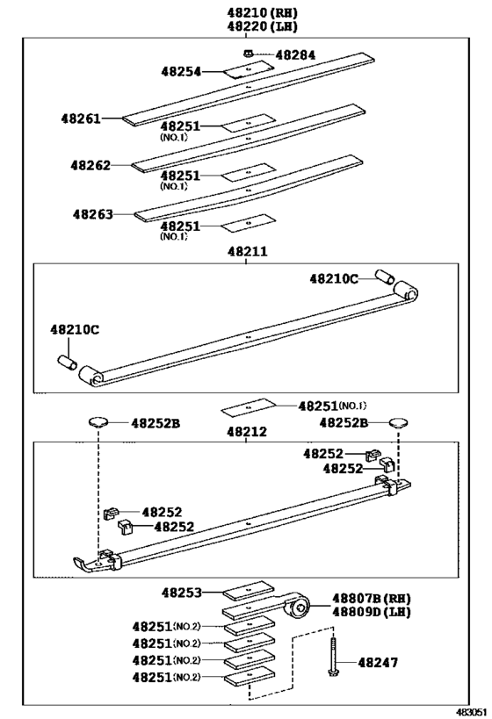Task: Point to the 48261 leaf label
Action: [81, 117]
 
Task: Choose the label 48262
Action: [90, 165]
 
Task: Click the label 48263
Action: [93, 213]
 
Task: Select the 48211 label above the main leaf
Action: [247, 251]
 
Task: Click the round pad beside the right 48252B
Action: [397, 422]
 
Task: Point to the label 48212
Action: [247, 432]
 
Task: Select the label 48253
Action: [182, 593]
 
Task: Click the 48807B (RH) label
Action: [372, 598]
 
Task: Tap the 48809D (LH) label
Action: [372, 611]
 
